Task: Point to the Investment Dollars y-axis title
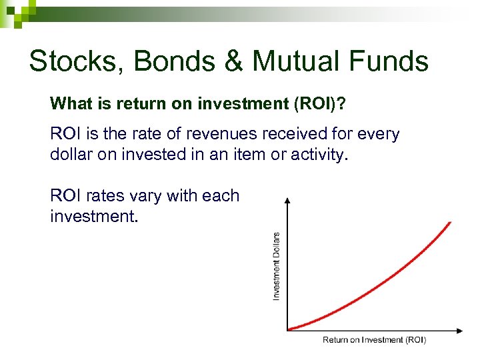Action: (277, 265)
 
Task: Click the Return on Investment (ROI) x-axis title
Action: (374, 340)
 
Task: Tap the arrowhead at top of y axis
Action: (287, 201)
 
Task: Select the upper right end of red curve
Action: (450, 223)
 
